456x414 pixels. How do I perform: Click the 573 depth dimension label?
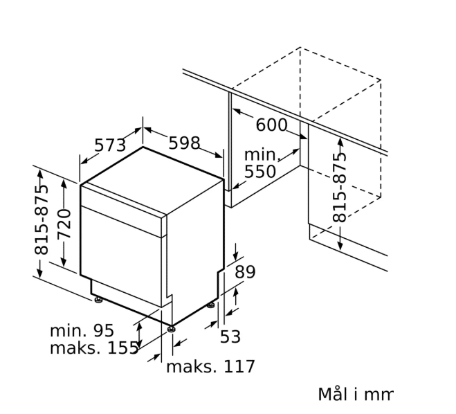click(x=110, y=145)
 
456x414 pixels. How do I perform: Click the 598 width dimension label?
click(x=184, y=143)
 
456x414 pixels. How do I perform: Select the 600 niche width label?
click(x=271, y=125)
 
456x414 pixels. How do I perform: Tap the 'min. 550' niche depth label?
click(x=260, y=163)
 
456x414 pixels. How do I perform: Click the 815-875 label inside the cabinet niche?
click(x=340, y=187)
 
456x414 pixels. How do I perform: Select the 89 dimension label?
click(x=245, y=271)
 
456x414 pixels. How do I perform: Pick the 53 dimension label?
click(x=230, y=336)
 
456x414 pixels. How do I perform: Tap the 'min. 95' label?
click(x=82, y=331)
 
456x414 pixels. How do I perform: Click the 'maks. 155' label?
click(x=94, y=348)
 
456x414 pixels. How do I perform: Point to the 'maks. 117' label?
click(x=210, y=366)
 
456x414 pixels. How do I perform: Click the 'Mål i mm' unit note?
click(x=354, y=395)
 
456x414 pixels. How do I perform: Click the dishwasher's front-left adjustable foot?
click(x=99, y=300)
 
